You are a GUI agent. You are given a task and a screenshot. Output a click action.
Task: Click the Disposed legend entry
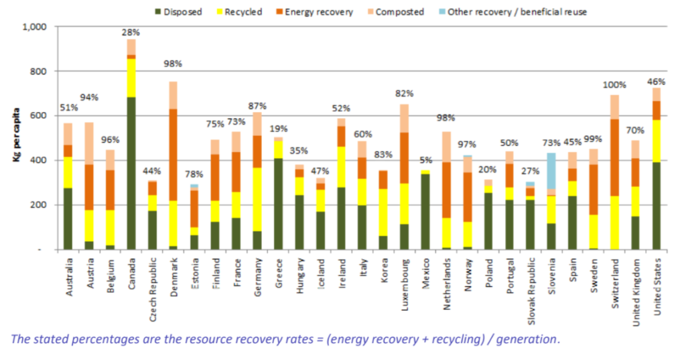coord(178,11)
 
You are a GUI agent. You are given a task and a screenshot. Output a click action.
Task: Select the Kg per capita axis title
coord(16,138)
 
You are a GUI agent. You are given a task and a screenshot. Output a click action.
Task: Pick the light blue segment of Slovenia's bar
coord(551,171)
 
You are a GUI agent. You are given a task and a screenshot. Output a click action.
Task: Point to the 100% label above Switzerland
coord(614,85)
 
